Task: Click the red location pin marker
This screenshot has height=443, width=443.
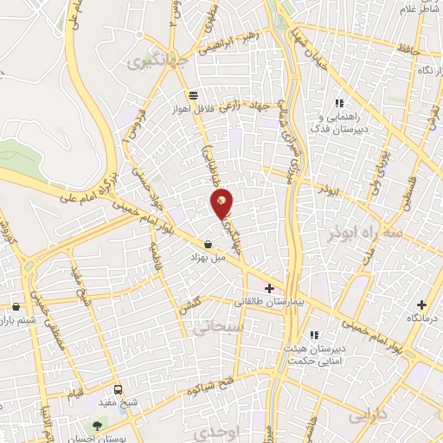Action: tap(223, 202)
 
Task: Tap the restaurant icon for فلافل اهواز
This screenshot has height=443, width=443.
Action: tap(193, 96)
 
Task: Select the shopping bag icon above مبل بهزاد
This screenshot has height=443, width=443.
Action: tap(209, 245)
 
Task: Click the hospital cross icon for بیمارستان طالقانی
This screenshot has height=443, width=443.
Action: tap(269, 288)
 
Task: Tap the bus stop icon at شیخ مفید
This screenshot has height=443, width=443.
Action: tap(119, 388)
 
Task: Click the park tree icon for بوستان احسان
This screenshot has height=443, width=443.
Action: tap(97, 427)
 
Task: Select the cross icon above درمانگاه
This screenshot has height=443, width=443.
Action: tap(422, 304)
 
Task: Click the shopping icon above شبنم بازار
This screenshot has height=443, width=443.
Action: tap(16, 306)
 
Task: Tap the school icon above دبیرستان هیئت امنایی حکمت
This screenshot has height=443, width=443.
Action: tap(316, 335)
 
